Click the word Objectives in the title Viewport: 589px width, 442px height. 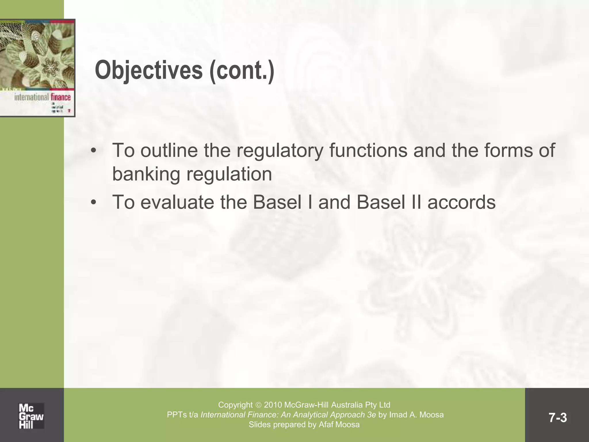[x=148, y=71]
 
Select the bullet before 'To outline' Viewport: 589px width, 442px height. [x=93, y=151]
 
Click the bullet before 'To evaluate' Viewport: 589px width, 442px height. [x=93, y=203]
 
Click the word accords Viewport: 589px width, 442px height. [x=461, y=202]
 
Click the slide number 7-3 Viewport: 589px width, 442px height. [x=557, y=418]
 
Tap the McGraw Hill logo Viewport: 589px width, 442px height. [x=31, y=416]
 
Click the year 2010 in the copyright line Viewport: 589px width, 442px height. [x=273, y=405]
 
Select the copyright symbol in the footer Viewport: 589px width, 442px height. [x=258, y=405]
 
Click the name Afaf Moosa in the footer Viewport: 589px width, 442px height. [x=339, y=424]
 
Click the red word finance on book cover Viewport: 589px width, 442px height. [x=61, y=97]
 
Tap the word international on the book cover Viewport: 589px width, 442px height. [x=32, y=97]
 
